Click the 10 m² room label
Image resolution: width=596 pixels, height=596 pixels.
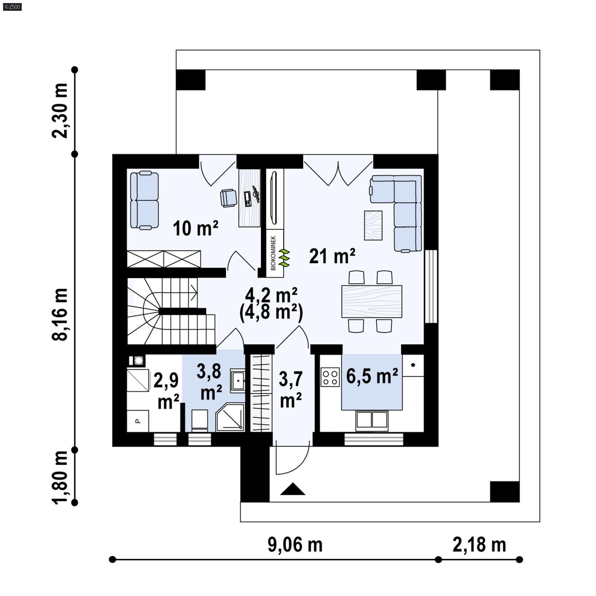click(x=195, y=228)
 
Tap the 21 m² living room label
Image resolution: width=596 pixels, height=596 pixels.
click(x=332, y=256)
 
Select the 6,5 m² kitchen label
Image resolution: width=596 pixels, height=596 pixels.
click(x=372, y=376)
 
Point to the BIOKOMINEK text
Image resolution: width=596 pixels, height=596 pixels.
click(x=273, y=253)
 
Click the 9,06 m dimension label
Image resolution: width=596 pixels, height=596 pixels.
click(x=295, y=545)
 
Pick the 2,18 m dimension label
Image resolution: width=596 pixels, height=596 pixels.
click(x=479, y=545)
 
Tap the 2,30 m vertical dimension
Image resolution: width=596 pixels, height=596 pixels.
click(x=60, y=111)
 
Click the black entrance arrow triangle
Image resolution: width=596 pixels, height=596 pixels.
click(x=293, y=489)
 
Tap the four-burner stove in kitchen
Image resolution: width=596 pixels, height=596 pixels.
click(x=330, y=377)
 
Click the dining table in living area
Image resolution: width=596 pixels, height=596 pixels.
click(x=372, y=301)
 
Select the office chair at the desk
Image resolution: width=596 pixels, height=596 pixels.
click(x=228, y=197)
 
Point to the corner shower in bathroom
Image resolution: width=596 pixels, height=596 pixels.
click(x=230, y=417)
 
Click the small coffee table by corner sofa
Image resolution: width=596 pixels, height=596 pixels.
click(x=373, y=225)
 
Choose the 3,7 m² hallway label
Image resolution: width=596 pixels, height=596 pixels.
click(x=291, y=390)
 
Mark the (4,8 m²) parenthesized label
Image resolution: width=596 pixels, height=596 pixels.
click(x=271, y=313)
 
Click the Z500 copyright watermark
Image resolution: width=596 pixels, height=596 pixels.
click(x=12, y=6)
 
